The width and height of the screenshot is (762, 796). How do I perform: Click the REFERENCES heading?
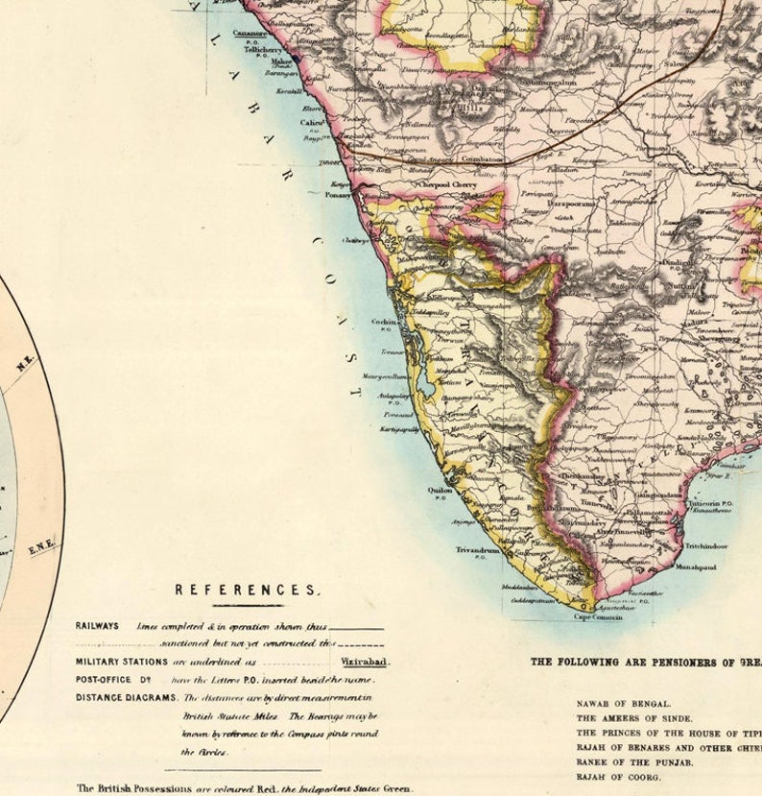point(247,590)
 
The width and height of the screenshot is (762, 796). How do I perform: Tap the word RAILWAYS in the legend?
point(97,626)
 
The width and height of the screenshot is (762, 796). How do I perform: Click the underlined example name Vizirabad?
point(365,662)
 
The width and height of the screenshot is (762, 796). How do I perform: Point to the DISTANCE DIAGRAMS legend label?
point(126,697)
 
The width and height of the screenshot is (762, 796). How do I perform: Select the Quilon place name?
point(441,488)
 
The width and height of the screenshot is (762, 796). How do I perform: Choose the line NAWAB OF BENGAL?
point(623,703)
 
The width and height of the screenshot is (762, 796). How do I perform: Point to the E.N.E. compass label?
point(40,547)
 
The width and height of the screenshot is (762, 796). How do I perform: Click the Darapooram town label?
point(572,204)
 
